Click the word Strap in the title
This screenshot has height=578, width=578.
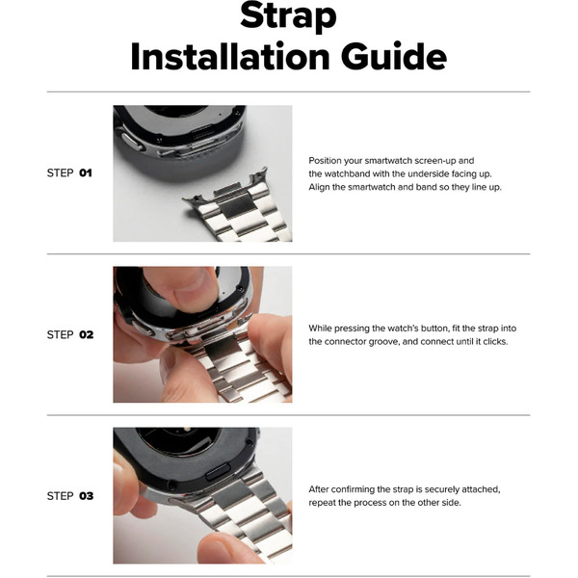pos(288,15)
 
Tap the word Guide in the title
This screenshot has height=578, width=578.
pos(394,57)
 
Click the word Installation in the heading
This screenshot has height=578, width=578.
pos(230,57)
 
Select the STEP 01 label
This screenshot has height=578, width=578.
pos(69,172)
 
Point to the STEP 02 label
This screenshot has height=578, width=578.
pos(70,334)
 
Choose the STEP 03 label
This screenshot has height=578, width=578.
pos(70,496)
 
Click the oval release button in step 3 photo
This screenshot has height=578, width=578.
pos(218,472)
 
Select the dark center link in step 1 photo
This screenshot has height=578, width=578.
pos(238,206)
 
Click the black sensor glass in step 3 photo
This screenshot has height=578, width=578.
pos(180,441)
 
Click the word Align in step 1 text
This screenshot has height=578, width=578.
pos(319,187)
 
